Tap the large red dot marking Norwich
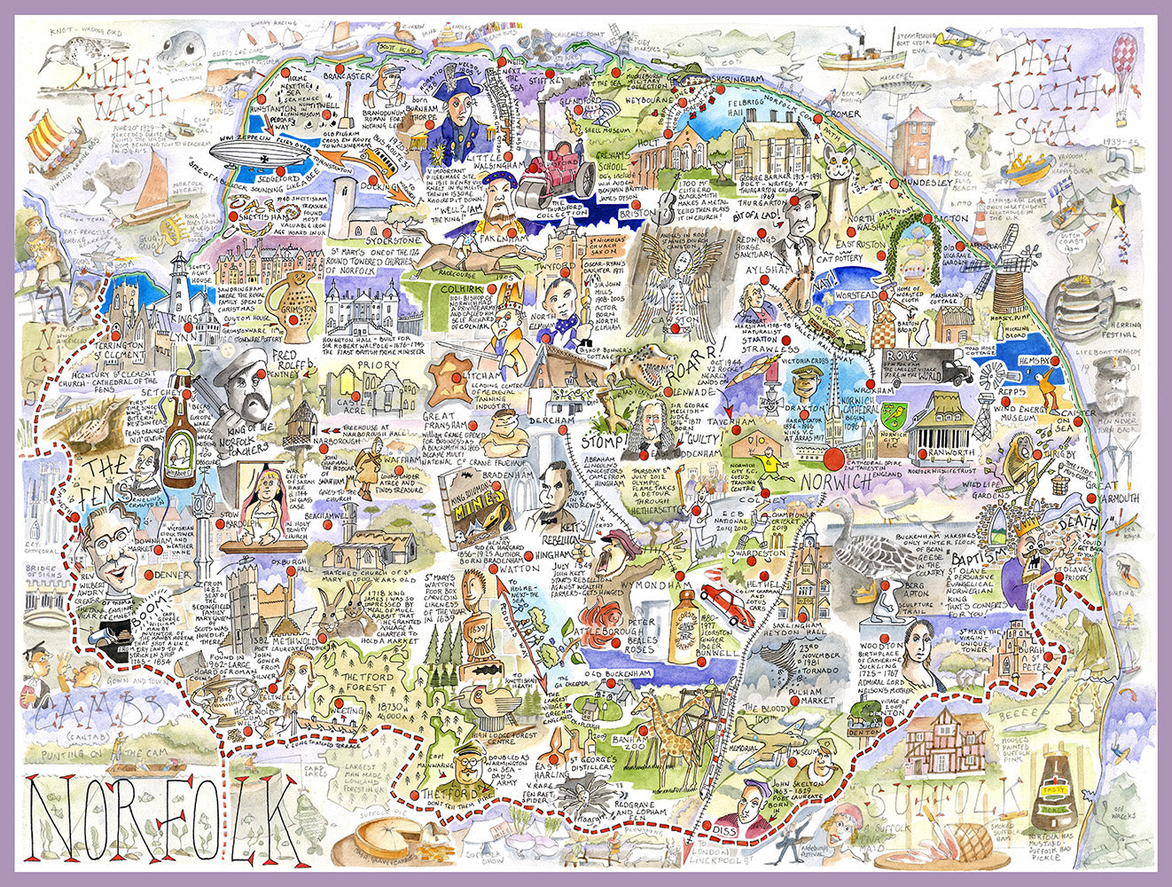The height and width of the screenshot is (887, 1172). click(x=831, y=459)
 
